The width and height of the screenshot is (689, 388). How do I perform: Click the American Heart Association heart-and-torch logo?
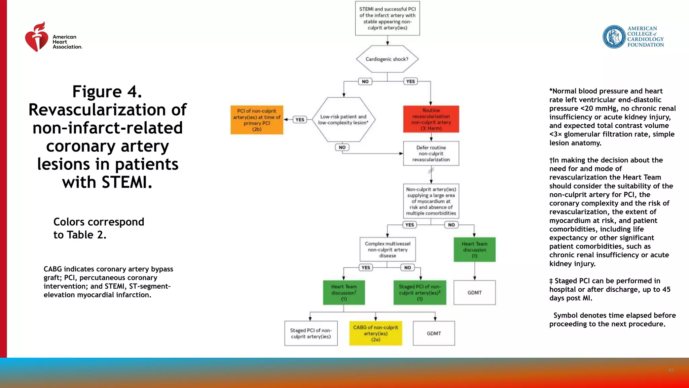pyautogui.click(x=36, y=37)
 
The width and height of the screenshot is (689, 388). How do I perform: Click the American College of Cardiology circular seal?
pyautogui.click(x=614, y=37)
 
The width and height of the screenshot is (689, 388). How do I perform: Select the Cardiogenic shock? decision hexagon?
pyautogui.click(x=387, y=59)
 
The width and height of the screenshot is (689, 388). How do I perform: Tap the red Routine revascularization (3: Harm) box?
pyautogui.click(x=431, y=119)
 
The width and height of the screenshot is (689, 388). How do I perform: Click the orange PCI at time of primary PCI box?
pyautogui.click(x=257, y=120)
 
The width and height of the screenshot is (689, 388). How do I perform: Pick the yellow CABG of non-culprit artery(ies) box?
pyautogui.click(x=375, y=333)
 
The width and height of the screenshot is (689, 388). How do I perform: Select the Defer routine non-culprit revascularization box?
pyautogui.click(x=431, y=154)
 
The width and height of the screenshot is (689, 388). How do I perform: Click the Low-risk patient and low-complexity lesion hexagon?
pyautogui.click(x=343, y=120)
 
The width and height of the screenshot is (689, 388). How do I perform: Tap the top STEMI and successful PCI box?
pyautogui.click(x=387, y=19)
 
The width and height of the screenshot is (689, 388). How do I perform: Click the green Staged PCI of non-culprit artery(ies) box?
pyautogui.click(x=420, y=292)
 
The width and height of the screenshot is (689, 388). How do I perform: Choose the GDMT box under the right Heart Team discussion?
pyautogui.click(x=474, y=293)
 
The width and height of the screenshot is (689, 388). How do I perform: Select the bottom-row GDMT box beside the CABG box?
pyautogui.click(x=434, y=333)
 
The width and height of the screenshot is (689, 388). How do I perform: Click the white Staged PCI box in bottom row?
pyautogui.click(x=311, y=333)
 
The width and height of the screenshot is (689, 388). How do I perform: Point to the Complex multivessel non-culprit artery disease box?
pyautogui.click(x=388, y=250)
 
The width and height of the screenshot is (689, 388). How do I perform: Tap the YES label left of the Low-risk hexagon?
pyautogui.click(x=300, y=120)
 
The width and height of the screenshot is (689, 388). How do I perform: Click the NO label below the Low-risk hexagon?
pyautogui.click(x=342, y=147)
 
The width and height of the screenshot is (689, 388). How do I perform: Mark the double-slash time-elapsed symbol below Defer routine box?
pyautogui.click(x=431, y=171)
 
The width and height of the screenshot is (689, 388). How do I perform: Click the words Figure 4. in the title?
pyautogui.click(x=107, y=92)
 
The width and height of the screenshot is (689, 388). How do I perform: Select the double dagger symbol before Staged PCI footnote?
pyautogui.click(x=551, y=281)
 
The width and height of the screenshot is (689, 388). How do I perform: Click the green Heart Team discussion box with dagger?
pyautogui.click(x=343, y=292)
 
